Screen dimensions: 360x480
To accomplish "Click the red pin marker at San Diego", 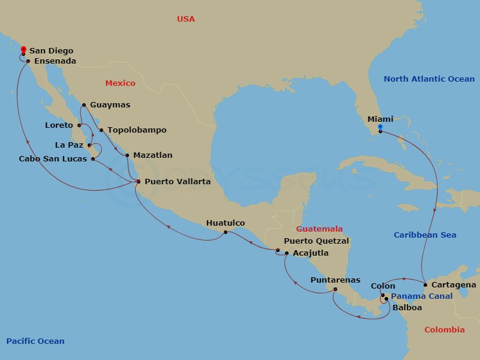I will click(23, 50).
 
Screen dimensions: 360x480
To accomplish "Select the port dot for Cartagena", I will click(425, 284).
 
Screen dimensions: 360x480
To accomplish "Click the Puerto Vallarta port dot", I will click(139, 181).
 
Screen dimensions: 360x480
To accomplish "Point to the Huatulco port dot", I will click(225, 232).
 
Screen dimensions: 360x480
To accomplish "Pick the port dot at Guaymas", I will click(83, 105).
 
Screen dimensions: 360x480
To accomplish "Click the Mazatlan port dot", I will click(127, 155).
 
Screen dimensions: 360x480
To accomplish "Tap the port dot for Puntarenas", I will click(335, 289).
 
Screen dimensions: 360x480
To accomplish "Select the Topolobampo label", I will click(137, 130).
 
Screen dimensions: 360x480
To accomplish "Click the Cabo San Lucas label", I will click(53, 159).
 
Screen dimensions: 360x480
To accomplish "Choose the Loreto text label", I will click(59, 125).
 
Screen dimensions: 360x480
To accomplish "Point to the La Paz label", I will click(69, 145).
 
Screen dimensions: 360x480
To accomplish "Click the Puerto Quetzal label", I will click(316, 241).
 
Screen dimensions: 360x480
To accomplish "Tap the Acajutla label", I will click(311, 253).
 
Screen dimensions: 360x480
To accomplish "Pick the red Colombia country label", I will click(445, 330).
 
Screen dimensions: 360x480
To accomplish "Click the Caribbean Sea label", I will click(425, 235).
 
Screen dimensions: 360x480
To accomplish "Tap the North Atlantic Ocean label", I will click(429, 79).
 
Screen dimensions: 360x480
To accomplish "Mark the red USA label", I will click(186, 19).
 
